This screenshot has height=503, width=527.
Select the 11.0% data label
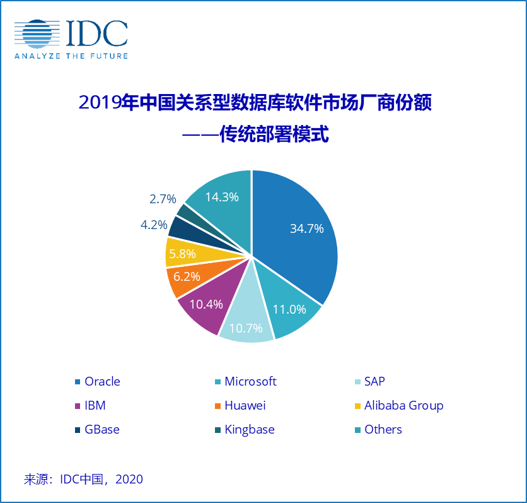(x=289, y=309)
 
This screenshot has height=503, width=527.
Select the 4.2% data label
(x=154, y=224)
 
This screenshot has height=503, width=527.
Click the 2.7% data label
(x=163, y=199)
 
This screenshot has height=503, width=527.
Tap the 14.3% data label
(x=221, y=197)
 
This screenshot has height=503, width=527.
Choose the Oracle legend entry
(x=101, y=381)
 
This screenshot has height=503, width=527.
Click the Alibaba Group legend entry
(x=403, y=405)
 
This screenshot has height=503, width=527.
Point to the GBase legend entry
(x=101, y=429)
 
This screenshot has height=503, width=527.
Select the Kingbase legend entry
(x=249, y=429)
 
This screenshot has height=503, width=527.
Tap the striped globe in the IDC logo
(x=38, y=34)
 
